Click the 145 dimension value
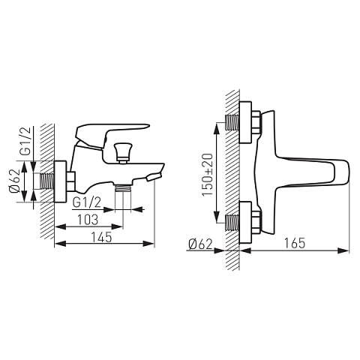pyautogui.click(x=101, y=237)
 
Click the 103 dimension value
pyautogui.click(x=88, y=220)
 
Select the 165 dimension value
pyautogui.click(x=295, y=243)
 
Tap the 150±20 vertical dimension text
pyautogui.click(x=208, y=175)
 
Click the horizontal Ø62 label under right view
pyautogui.click(x=201, y=244)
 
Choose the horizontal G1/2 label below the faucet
pyautogui.click(x=87, y=202)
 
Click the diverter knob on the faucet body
pyautogui.click(x=122, y=153)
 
